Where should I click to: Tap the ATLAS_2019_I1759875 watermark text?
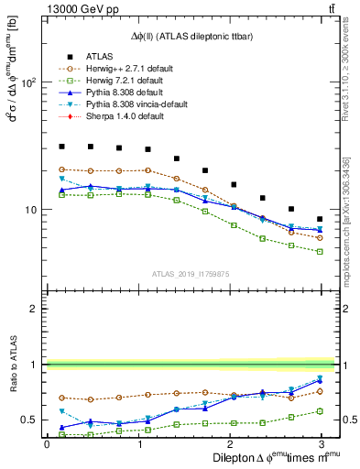click(x=191, y=272)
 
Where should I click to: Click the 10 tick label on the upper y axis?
click(x=29, y=210)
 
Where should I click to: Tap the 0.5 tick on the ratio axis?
click(x=28, y=420)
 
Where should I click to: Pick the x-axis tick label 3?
click(x=321, y=443)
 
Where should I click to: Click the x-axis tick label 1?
click(x=137, y=443)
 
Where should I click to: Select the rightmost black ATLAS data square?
click(x=320, y=219)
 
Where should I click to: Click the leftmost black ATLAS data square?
click(x=61, y=146)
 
